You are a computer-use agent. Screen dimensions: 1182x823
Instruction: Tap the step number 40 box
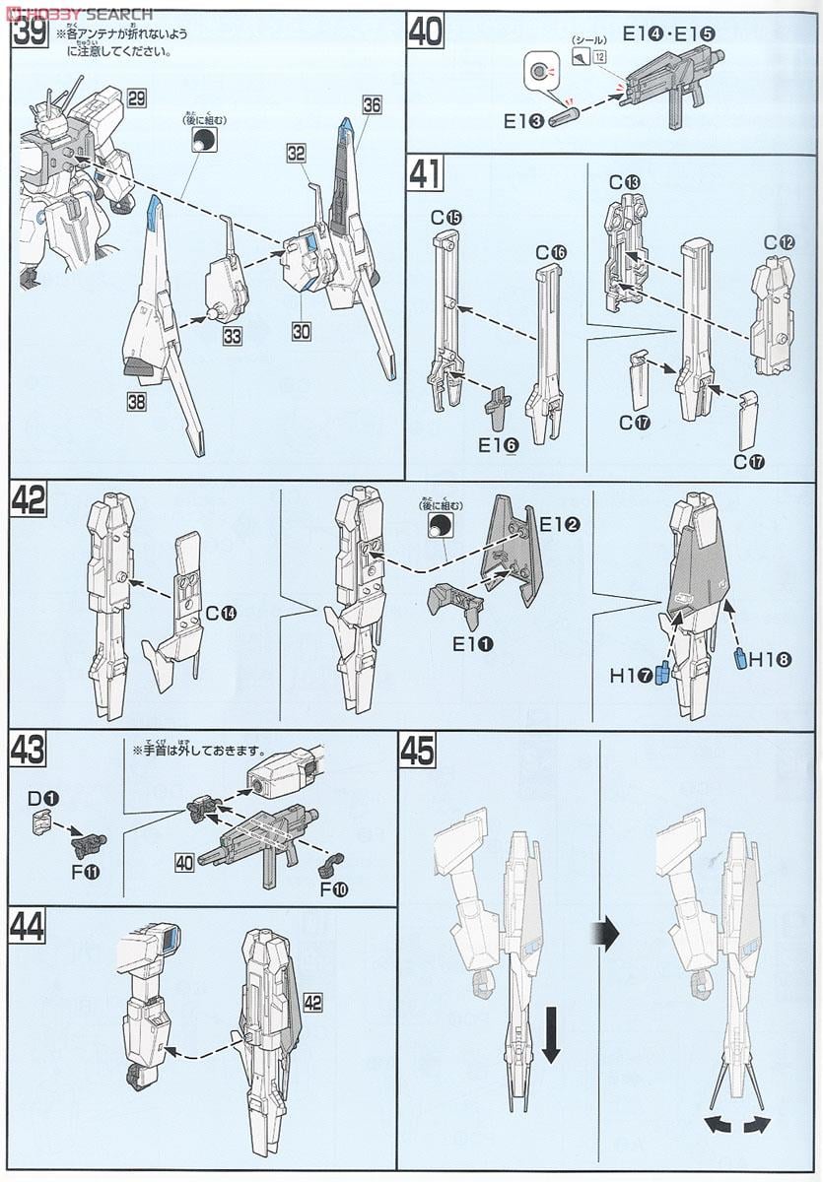pos(425,32)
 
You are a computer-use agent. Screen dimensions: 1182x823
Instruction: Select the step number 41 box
pos(424,173)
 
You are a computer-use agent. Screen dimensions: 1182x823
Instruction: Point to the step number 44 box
pos(27,926)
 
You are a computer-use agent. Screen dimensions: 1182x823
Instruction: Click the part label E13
pos(523,121)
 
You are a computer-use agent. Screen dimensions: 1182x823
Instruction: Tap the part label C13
pos(625,182)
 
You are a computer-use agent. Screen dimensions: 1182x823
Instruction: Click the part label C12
pos(780,242)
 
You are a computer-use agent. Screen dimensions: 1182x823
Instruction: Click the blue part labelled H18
pos(740,659)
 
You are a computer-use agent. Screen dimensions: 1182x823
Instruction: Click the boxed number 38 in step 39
pos(136,401)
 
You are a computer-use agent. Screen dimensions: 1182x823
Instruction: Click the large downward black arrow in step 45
pos(550,1040)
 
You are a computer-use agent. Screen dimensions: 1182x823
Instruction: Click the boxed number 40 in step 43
pos(184,862)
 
